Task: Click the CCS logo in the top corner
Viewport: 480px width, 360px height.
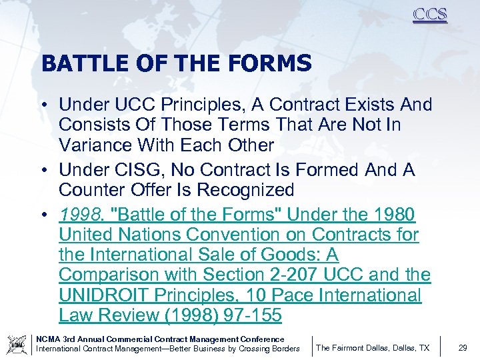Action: (429, 15)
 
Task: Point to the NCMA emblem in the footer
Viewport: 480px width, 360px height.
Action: (17, 343)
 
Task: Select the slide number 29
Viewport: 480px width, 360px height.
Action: (463, 347)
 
